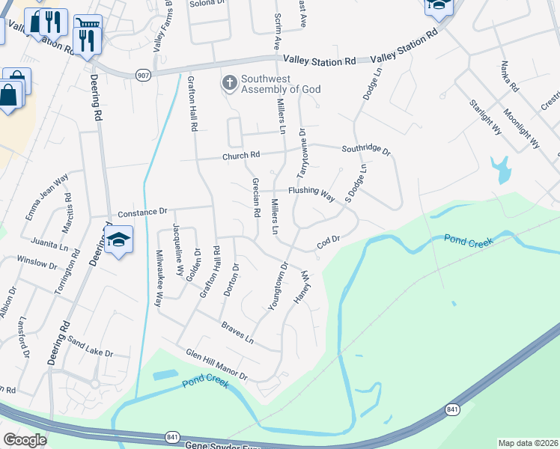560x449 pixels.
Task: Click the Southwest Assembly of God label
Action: [280, 84]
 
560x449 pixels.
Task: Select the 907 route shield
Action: [143, 74]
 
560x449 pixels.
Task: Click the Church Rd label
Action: [240, 156]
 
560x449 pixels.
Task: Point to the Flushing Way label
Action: [311, 192]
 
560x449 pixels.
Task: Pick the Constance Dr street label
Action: [142, 213]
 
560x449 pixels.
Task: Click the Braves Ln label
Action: [237, 332]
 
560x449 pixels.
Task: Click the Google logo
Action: [25, 440]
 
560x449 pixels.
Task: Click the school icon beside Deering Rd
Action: [118, 240]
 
